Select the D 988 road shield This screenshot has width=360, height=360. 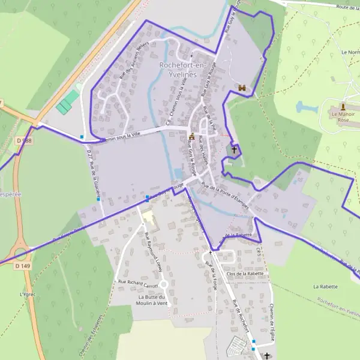coord(23,140)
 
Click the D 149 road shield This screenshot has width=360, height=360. coord(22,265)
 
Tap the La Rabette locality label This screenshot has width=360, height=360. coord(326,287)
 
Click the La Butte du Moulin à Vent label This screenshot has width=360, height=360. coord(154,301)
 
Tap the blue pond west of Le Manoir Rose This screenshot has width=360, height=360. coord(307,107)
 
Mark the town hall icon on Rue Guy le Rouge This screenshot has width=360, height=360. coord(191,137)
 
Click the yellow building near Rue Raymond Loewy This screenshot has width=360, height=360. coord(149,220)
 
